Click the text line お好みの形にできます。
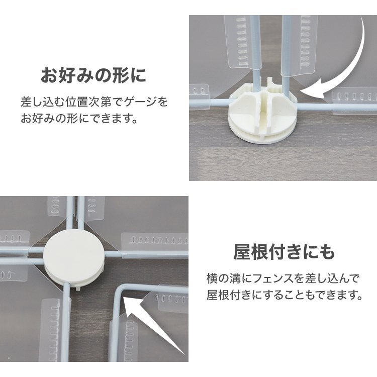click(79, 120)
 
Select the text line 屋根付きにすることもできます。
click(285, 295)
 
